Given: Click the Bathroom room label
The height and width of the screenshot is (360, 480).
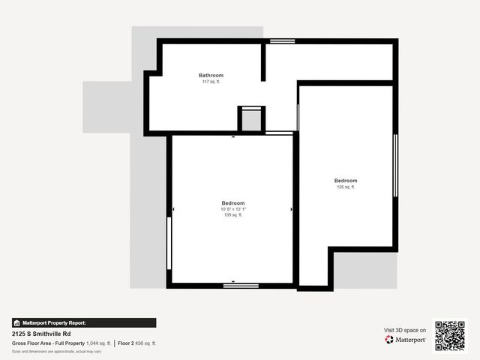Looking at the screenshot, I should coord(211,75).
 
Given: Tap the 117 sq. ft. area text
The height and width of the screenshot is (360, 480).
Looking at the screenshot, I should coord(211,82).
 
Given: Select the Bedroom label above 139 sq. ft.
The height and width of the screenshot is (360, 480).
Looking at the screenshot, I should coord(232,203).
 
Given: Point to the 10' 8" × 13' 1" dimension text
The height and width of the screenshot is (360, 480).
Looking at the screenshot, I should coord(232,209).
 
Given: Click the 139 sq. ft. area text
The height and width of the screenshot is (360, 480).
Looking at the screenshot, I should coord(232,215).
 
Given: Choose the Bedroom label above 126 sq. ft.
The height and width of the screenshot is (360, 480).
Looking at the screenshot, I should coord(346,181).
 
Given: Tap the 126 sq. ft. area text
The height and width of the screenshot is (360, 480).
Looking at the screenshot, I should coord(346,187).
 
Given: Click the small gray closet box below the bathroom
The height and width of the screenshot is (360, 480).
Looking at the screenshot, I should coord(251,121).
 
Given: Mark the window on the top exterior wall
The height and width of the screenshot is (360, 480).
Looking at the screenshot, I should coord(282,41).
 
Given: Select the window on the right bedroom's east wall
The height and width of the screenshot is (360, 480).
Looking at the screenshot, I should coord(395,166).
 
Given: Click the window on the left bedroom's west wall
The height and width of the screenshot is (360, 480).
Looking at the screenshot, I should coord(169,243).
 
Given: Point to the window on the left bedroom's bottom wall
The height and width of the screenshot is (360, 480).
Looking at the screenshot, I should coord(241,285).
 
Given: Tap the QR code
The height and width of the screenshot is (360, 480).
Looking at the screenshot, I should coord(450,336).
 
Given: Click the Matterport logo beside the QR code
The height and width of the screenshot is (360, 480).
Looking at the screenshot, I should coord(406,340).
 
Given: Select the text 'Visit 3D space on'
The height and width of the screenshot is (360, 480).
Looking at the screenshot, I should coord(405,330).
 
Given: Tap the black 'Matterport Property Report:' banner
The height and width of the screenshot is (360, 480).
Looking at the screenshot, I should coord(84,322).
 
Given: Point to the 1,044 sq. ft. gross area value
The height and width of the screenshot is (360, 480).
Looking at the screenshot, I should coord(98,343).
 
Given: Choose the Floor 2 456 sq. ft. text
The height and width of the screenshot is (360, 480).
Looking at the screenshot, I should coord(137,343).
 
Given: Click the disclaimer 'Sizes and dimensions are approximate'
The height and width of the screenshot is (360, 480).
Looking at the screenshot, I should coord(56,351).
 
